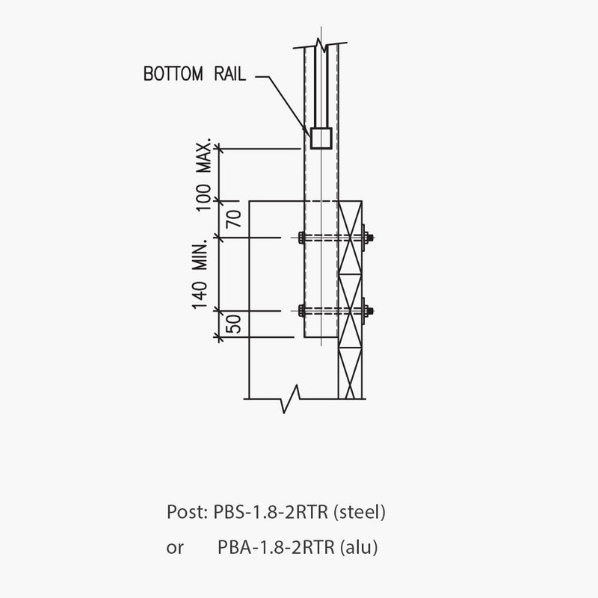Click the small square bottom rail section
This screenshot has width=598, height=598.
(321, 138)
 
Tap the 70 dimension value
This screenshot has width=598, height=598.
(233, 219)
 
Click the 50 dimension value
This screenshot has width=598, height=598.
(233, 324)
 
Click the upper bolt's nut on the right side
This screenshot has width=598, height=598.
(368, 238)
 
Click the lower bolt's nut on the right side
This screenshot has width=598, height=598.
(368, 310)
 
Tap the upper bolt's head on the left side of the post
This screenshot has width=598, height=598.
(300, 238)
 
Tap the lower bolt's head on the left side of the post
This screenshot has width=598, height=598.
(300, 310)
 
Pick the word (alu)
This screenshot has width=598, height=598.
(359, 547)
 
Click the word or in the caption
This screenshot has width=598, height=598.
(174, 548)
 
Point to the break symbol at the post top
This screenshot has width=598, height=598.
(320, 45)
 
